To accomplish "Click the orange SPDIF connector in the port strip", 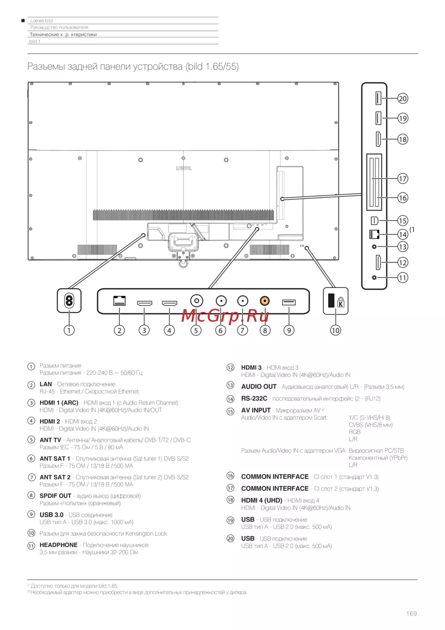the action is point(265,301).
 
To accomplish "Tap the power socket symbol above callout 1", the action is point(69,301).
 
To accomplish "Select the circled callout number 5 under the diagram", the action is point(196,330).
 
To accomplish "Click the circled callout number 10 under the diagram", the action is point(336,330).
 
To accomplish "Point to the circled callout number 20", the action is point(403,98).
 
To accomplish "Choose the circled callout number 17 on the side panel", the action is point(403,179).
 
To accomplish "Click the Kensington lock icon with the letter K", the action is point(341,302).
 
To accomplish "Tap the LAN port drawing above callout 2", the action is point(119,301).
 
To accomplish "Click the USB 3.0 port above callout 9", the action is point(289,303).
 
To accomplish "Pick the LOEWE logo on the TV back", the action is point(184,168).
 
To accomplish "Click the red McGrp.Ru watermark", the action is point(225,315).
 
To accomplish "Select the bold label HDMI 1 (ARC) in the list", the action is point(59,403).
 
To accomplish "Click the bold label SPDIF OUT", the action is point(55,495).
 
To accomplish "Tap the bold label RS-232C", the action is point(254,398).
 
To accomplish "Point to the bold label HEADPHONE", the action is point(58,545).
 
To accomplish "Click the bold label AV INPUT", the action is point(256,410).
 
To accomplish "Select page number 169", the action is point(411,614).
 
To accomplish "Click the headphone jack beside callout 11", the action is point(374,278).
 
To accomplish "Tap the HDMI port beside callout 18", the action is point(378,139).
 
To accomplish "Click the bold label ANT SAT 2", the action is point(55,477).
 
